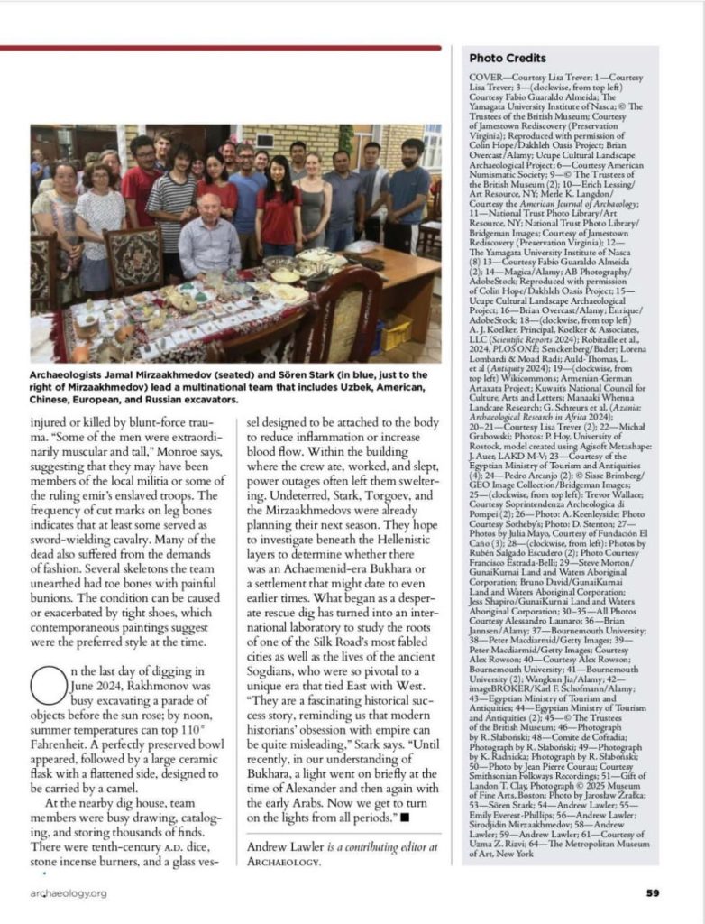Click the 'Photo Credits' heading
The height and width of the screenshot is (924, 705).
coord(507,59)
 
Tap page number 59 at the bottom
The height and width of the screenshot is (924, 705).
coord(652,893)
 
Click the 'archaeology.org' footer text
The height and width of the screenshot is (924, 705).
coord(68,893)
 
